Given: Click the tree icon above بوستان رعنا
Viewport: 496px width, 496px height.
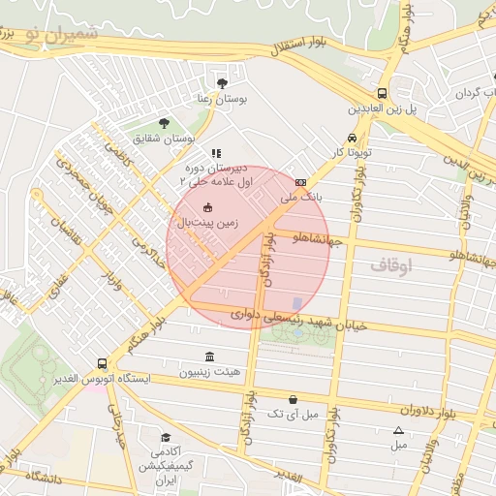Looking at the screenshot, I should point(224,84).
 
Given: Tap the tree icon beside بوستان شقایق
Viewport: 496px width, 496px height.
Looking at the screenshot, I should point(163,123).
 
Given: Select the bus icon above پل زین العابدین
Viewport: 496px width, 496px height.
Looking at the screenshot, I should point(384,94).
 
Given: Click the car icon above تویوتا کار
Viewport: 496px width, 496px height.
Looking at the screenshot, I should point(351,138).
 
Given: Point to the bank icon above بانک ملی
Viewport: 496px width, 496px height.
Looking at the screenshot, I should point(300,181).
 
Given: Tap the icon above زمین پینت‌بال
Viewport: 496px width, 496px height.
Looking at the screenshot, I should point(206,207).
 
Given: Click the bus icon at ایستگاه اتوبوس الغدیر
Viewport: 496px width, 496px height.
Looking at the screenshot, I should point(103,363).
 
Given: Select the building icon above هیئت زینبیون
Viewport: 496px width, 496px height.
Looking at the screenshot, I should point(210,356).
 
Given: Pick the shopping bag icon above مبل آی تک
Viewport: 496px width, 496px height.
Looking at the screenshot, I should point(293,399).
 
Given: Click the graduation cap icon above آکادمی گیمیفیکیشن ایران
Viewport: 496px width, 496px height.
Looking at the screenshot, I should point(166,438).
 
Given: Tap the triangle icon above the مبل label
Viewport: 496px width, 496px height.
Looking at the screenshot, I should point(398,431).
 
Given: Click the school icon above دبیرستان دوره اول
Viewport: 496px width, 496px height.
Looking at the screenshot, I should point(216,153).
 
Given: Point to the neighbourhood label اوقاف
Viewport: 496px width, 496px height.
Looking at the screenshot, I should point(391,263).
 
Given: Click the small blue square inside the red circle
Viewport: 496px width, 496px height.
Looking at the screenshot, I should point(296,303).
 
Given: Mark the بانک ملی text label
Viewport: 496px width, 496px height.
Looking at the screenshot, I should point(300,196).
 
